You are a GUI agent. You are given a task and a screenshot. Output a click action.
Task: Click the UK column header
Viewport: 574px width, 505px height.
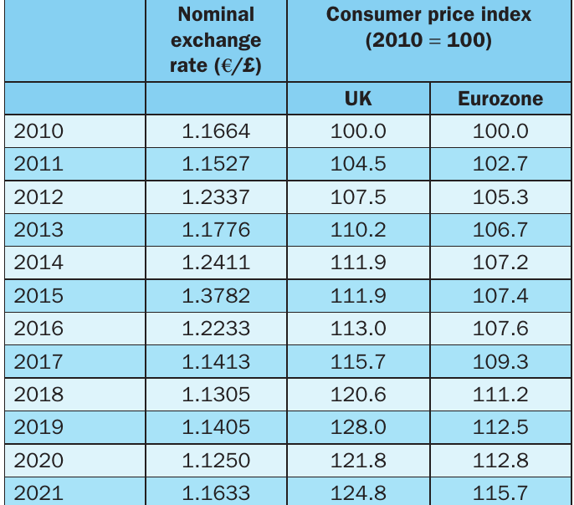(x=358, y=99)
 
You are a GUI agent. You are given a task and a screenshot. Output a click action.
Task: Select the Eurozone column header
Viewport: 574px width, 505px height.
(x=500, y=99)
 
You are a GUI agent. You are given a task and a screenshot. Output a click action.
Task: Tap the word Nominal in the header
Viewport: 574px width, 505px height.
(x=216, y=14)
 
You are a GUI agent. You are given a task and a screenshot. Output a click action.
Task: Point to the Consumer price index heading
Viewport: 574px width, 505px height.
(x=428, y=14)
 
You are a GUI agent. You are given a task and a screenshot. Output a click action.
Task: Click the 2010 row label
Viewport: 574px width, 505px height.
(x=38, y=131)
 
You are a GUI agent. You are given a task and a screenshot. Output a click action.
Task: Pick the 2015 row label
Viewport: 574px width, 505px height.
(x=38, y=295)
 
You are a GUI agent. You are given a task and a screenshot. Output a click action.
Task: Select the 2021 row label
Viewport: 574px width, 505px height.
(x=38, y=493)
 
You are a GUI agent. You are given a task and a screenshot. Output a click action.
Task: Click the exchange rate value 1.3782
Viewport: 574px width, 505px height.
(x=216, y=295)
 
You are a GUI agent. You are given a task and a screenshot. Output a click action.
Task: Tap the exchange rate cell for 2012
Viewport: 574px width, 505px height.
(x=216, y=197)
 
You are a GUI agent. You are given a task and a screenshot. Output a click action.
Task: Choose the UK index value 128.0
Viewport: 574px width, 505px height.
(x=358, y=427)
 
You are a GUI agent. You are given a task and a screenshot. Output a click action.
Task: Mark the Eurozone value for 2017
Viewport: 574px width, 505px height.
(x=500, y=362)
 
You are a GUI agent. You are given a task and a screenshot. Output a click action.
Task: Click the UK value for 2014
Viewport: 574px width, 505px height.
(x=358, y=263)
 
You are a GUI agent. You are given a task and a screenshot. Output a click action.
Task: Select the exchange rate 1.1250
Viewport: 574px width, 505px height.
(x=216, y=460)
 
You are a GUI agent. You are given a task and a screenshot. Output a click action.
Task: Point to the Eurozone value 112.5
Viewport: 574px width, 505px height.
(x=500, y=427)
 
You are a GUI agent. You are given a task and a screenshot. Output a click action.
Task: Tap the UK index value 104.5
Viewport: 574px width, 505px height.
(x=358, y=164)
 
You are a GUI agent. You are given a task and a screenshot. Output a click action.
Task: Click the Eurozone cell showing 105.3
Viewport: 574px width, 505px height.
(x=500, y=197)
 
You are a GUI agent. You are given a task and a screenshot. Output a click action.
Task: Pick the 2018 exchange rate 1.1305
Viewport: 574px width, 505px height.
(x=216, y=395)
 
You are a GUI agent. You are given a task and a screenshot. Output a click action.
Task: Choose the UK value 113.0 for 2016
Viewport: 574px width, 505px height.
(x=358, y=329)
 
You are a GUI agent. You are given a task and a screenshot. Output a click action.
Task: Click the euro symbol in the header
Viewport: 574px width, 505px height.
(x=227, y=66)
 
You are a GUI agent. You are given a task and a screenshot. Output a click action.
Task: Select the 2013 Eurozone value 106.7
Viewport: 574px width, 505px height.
(x=500, y=230)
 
